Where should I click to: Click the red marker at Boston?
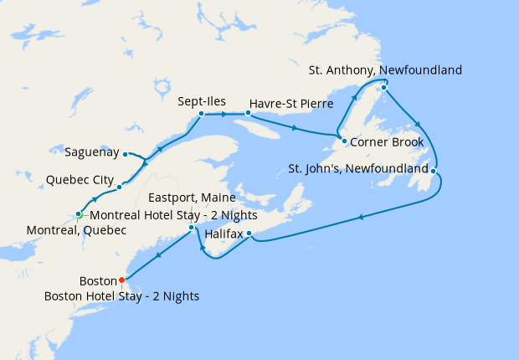(x=121, y=280)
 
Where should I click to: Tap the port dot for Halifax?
(x=249, y=233)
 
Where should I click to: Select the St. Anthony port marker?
(x=383, y=87)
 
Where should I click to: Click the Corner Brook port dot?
(x=344, y=141)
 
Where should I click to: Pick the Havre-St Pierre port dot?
(x=248, y=111)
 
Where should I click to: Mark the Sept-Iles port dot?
(x=202, y=113)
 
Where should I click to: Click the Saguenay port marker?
(x=125, y=154)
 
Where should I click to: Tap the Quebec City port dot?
(x=120, y=186)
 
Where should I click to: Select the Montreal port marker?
(x=79, y=214)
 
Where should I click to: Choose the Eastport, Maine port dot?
(x=192, y=227)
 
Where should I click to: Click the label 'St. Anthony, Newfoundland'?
(x=384, y=70)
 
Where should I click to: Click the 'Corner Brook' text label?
(x=387, y=141)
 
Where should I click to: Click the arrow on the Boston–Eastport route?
(x=157, y=253)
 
